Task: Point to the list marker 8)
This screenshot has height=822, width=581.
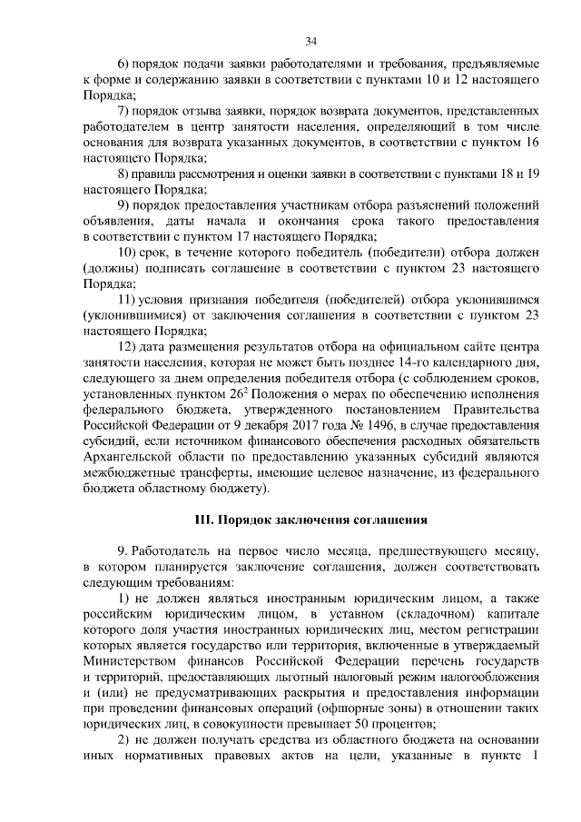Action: point(126,173)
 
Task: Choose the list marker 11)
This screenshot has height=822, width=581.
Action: point(129,300)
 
